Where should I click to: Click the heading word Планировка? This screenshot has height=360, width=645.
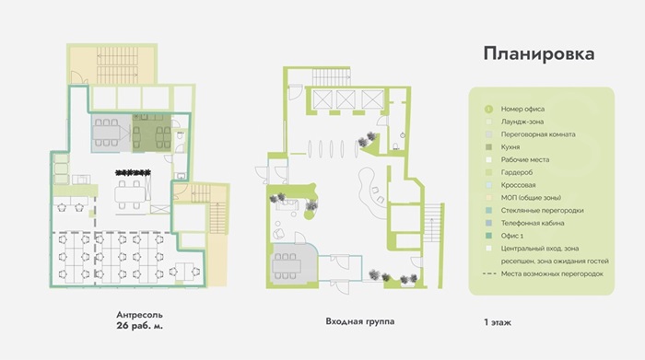tap(538, 53)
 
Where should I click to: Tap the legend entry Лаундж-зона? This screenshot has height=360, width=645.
tap(522, 122)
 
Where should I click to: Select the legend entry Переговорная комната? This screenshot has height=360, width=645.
tap(538, 134)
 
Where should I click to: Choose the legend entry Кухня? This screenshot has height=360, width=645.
tap(510, 147)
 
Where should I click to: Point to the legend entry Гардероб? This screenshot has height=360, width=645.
tap(517, 172)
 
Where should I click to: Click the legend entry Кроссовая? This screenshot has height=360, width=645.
tap(518, 185)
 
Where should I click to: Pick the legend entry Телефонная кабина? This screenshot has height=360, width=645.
tap(533, 223)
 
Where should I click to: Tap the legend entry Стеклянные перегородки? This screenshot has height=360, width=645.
tap(542, 211)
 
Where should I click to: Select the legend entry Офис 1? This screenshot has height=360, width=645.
tap(512, 236)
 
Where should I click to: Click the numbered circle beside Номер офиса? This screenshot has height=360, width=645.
tap(488, 110)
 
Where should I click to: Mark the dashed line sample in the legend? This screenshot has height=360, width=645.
tap(489, 273)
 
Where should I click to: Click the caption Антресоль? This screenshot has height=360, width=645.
tap(139, 315)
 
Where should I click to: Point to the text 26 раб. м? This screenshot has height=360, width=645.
tap(139, 326)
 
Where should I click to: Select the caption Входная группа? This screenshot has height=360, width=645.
tap(360, 321)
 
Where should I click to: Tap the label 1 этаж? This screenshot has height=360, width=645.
tap(498, 322)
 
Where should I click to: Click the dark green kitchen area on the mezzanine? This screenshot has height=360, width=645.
tap(151, 134)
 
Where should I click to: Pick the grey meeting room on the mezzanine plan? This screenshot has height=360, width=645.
tap(111, 134)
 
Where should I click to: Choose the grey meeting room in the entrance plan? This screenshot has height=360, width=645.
tap(293, 264)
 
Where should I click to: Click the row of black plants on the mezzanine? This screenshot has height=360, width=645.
tap(133, 172)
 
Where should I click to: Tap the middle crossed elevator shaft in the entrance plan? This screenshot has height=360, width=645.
tap(346, 99)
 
